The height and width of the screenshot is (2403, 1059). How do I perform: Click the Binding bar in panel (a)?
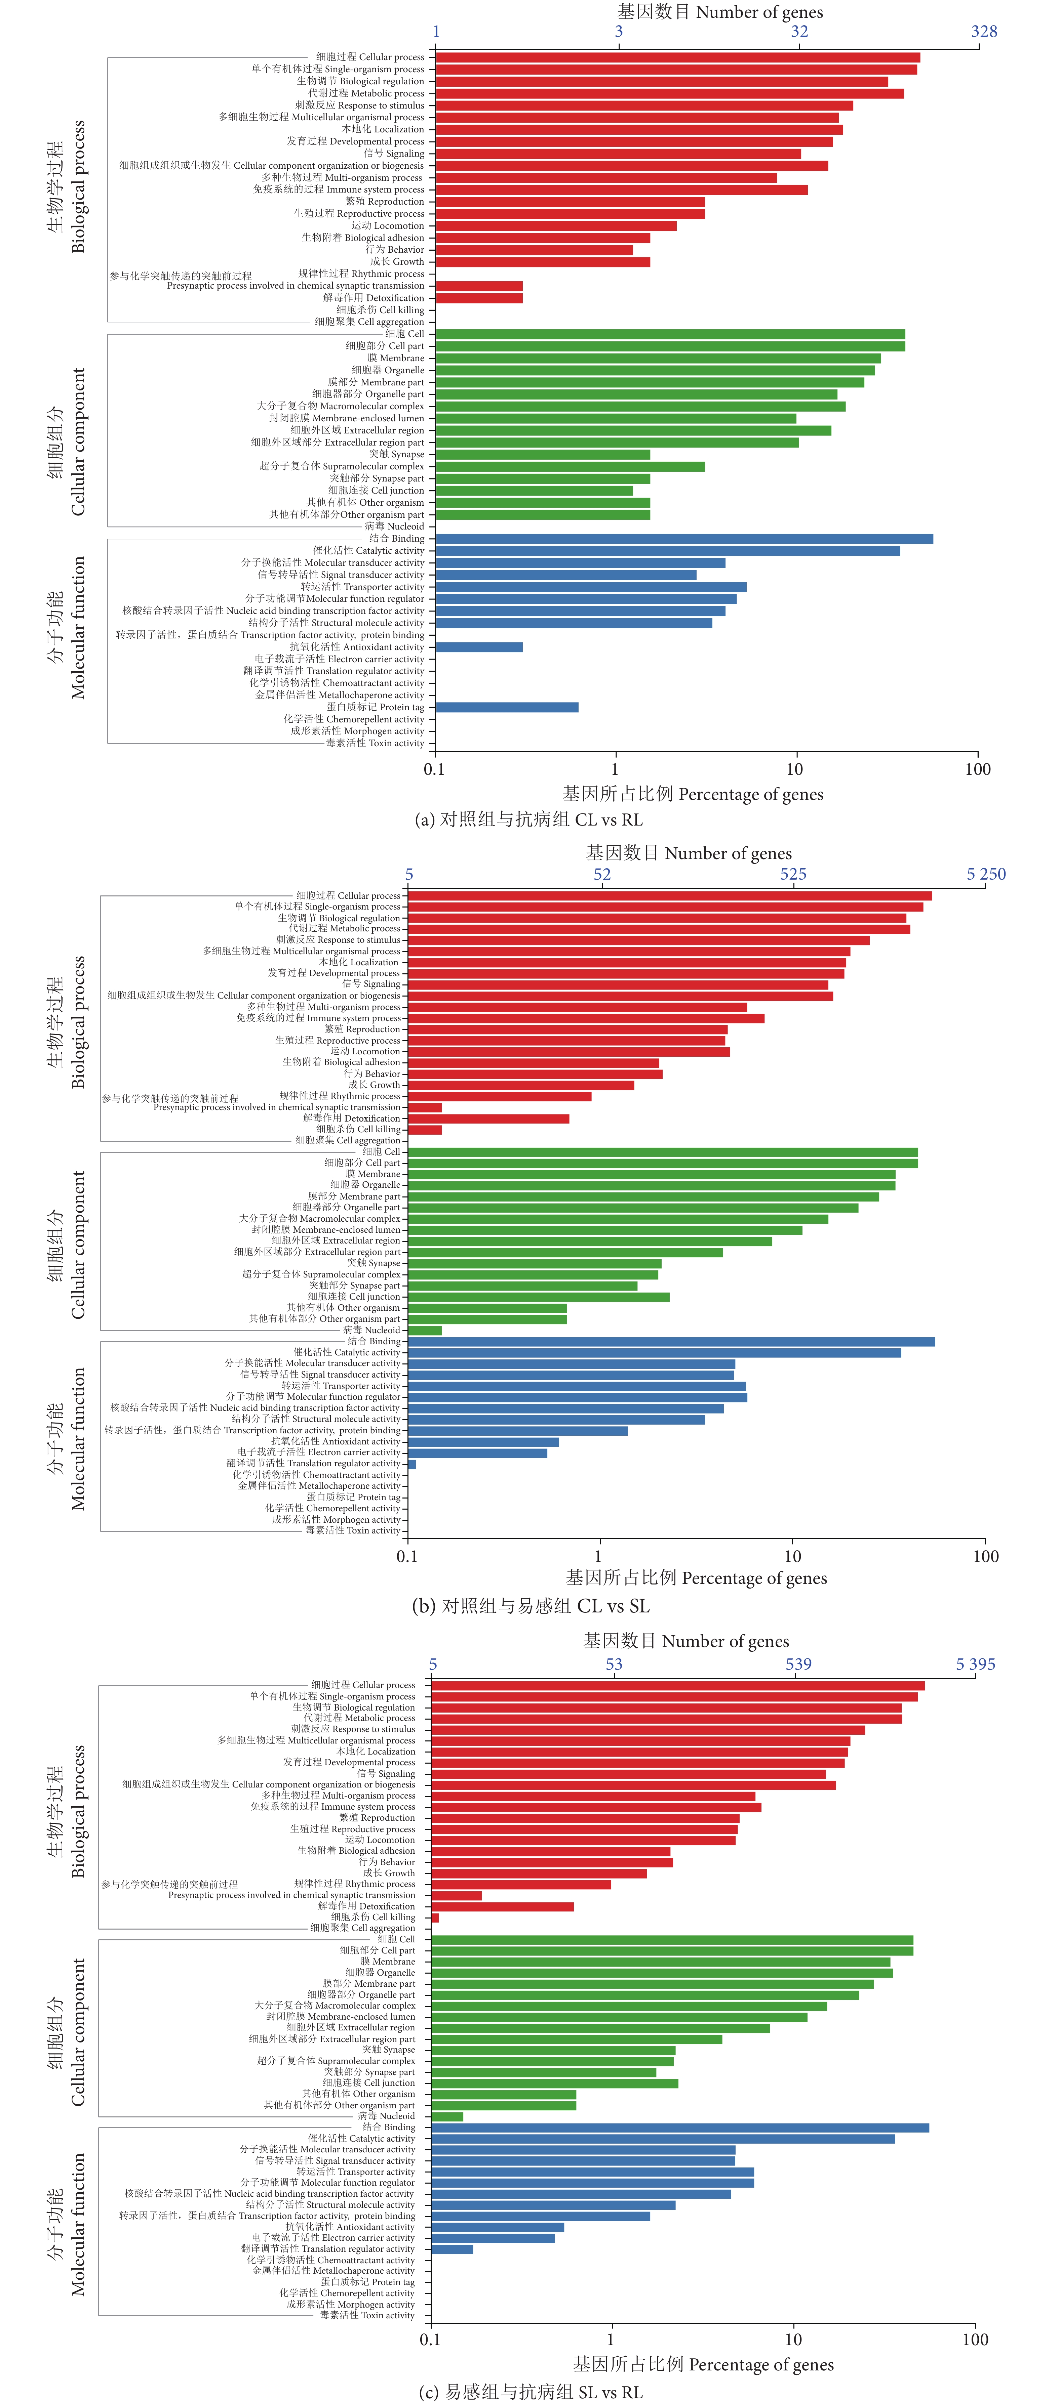[x=684, y=538]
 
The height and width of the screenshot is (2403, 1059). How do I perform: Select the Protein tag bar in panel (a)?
[x=507, y=707]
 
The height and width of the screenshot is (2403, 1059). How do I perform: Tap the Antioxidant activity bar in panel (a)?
[x=479, y=646]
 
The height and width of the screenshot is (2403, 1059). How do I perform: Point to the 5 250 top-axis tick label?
[x=985, y=874]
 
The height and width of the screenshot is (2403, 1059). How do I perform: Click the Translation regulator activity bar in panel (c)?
[x=452, y=2249]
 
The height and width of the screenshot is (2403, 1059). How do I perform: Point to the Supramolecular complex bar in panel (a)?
[x=570, y=466]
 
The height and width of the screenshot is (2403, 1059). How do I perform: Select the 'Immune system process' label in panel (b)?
[x=318, y=1018]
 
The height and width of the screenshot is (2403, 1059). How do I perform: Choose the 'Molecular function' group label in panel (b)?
[x=78, y=1438]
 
